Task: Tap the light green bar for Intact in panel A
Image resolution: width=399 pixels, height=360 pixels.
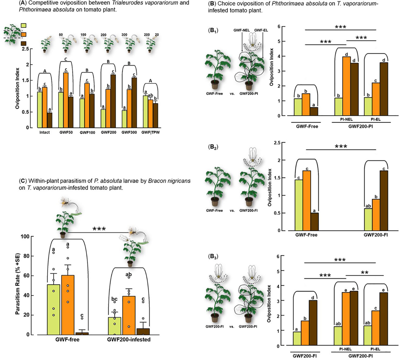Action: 40,110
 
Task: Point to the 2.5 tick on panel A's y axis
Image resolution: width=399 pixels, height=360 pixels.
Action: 28,49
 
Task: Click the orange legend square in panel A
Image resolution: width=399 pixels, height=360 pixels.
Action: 24,34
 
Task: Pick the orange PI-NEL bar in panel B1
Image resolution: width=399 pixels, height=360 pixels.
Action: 346,86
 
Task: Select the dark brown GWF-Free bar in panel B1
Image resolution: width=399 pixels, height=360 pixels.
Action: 314,111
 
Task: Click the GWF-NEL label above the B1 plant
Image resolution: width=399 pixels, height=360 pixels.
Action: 238,31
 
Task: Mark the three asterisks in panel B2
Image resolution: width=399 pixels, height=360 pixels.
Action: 340,146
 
